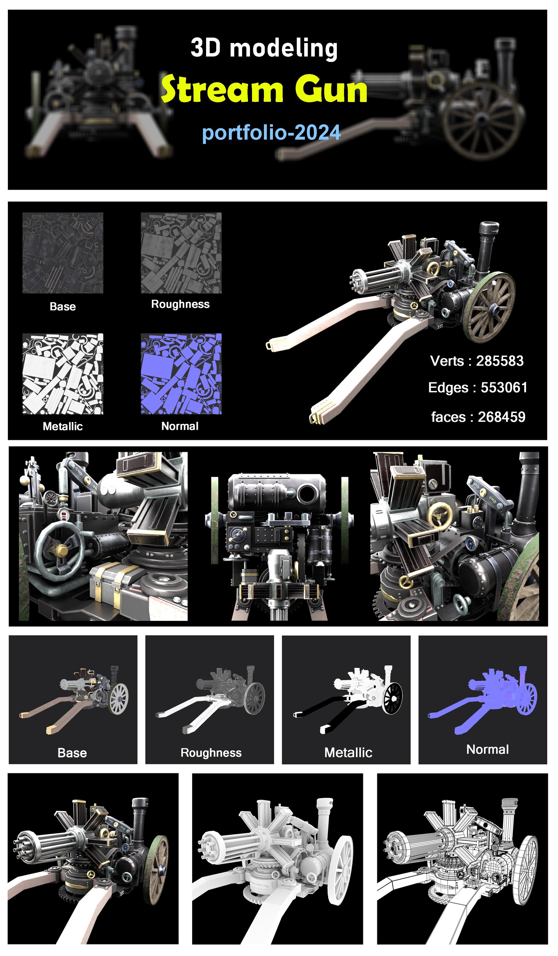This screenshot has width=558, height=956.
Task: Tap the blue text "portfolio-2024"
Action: (x=271, y=132)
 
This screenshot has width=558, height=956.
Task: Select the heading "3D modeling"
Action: (x=264, y=48)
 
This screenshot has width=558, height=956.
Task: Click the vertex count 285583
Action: (x=500, y=361)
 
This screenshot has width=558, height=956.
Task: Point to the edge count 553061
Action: (x=504, y=387)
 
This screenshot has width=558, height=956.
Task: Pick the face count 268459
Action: (x=502, y=417)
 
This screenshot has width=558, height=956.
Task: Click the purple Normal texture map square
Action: (x=181, y=374)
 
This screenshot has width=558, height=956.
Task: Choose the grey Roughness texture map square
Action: (x=181, y=253)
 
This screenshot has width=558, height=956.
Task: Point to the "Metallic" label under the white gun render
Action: (x=348, y=753)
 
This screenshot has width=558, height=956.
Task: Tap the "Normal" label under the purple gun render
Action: (x=487, y=749)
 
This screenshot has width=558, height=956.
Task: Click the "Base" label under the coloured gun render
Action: (x=72, y=753)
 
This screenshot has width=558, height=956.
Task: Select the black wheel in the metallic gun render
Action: (x=393, y=699)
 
